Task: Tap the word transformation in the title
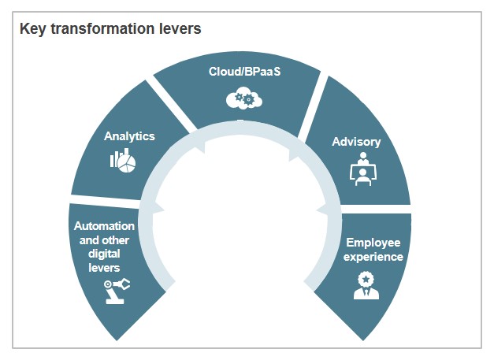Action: coord(100,29)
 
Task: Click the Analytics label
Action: coord(129,135)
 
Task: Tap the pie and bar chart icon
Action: coord(122,161)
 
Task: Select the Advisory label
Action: coord(356,142)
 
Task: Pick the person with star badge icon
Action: coord(364,284)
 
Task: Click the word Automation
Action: coord(104,226)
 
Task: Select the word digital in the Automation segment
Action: coord(104,254)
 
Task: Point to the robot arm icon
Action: coord(117,290)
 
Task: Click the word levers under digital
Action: coord(104,269)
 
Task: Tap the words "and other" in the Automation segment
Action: coord(104,240)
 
